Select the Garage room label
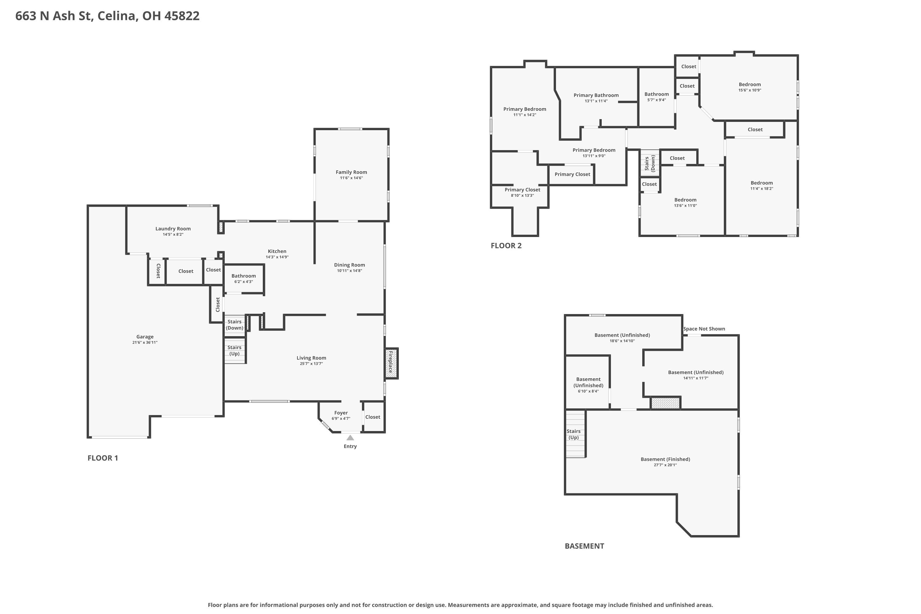145,337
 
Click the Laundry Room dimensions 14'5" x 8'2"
173,235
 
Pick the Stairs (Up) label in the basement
574,434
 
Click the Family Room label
351,172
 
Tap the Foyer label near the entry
341,413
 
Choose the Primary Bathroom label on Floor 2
596,95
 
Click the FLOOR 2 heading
506,246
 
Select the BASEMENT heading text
584,546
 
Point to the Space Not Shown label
704,329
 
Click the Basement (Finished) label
665,459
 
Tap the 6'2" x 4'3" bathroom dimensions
243,282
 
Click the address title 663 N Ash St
54,16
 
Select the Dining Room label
349,265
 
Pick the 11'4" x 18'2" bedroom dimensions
762,189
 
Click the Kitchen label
277,251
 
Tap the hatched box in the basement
665,403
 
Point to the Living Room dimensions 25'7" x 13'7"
311,364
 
